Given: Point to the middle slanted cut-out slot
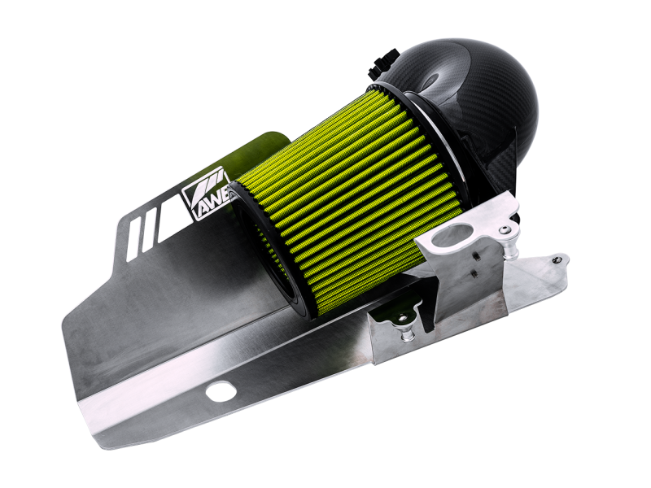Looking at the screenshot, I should pos(147,227).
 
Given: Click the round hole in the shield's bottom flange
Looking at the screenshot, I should pos(221,391).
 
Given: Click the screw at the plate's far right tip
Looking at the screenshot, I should pos(557,260).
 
